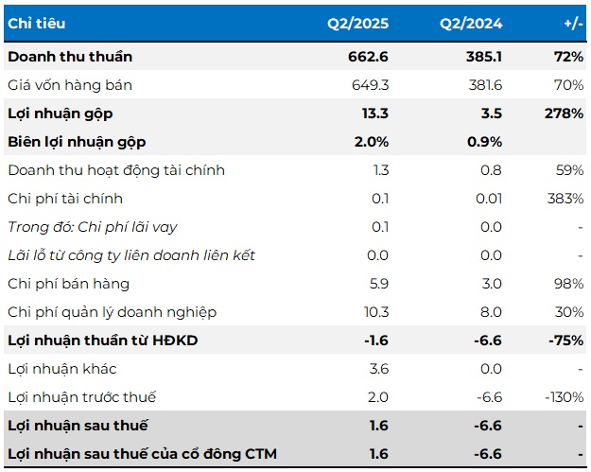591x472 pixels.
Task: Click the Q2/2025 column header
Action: tap(357, 23)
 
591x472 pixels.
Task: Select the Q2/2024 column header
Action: tap(470, 23)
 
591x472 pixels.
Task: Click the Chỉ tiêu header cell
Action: tap(37, 23)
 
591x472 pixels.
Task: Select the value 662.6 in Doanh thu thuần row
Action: tap(369, 57)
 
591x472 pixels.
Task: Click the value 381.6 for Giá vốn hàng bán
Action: tap(482, 85)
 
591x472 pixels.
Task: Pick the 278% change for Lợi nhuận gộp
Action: tap(565, 114)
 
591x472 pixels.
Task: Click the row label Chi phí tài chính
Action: tap(65, 199)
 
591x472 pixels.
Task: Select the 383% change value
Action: tap(565, 199)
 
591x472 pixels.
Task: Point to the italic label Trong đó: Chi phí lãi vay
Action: tap(92, 227)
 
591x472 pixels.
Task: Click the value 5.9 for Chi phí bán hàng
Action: tap(378, 284)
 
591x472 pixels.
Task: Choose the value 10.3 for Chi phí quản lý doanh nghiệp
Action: tap(375, 312)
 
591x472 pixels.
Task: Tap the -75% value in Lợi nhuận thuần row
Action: tap(565, 341)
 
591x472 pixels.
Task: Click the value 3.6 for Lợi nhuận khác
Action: tap(378, 369)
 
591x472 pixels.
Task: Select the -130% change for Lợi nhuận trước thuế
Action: tap(563, 397)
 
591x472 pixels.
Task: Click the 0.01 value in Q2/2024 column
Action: tap(487, 199)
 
